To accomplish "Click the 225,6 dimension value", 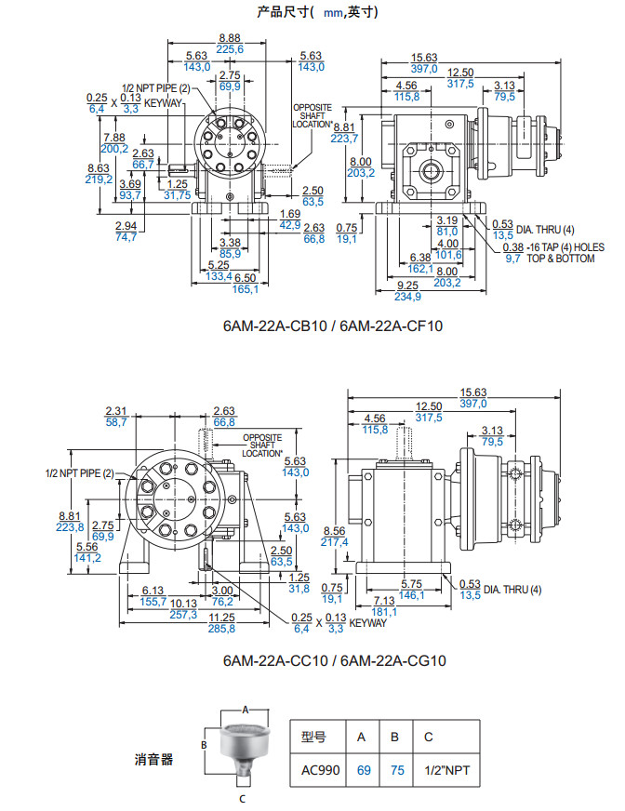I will click(230, 49).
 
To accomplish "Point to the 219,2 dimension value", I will click(100, 179).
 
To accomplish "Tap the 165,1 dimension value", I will click(245, 289).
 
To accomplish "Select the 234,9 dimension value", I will click(407, 297).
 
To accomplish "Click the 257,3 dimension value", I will click(183, 615).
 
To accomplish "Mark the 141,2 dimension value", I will click(86, 558).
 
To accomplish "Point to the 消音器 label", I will click(153, 759).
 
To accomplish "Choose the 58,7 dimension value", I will click(116, 421).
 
